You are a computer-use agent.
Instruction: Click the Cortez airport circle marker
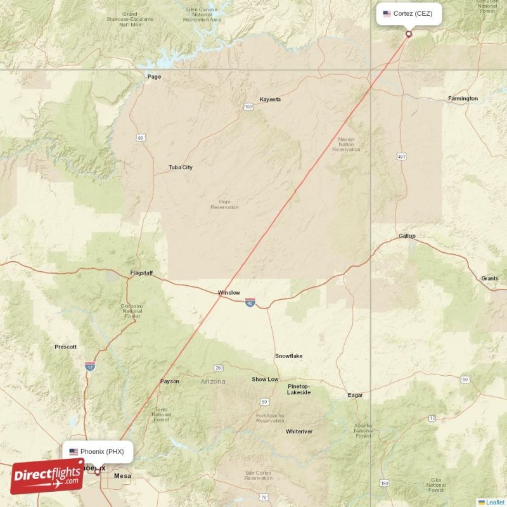[x=409, y=34]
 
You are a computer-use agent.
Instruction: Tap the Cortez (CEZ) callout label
[x=409, y=13]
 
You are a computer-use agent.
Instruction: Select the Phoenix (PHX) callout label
[x=98, y=452]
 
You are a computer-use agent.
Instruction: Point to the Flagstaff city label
[x=141, y=273]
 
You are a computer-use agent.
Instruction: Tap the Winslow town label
[x=229, y=293]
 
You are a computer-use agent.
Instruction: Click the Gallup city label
[x=407, y=236]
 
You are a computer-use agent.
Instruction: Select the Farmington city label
[x=463, y=99]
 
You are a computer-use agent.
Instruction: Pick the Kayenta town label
[x=270, y=99]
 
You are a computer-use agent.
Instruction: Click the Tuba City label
[x=181, y=167]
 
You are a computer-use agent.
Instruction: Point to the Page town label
[x=154, y=77]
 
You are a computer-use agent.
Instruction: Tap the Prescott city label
[x=66, y=347]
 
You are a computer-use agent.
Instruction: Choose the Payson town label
[x=170, y=382]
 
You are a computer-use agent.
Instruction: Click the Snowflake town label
[x=288, y=356]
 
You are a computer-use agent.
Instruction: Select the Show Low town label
[x=265, y=379]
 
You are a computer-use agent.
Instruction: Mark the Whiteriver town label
[x=299, y=432]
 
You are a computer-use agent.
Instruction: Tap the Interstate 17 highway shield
[x=90, y=366]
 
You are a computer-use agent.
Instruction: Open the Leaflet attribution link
[x=495, y=502]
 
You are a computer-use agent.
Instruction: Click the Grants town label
[x=489, y=278]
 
